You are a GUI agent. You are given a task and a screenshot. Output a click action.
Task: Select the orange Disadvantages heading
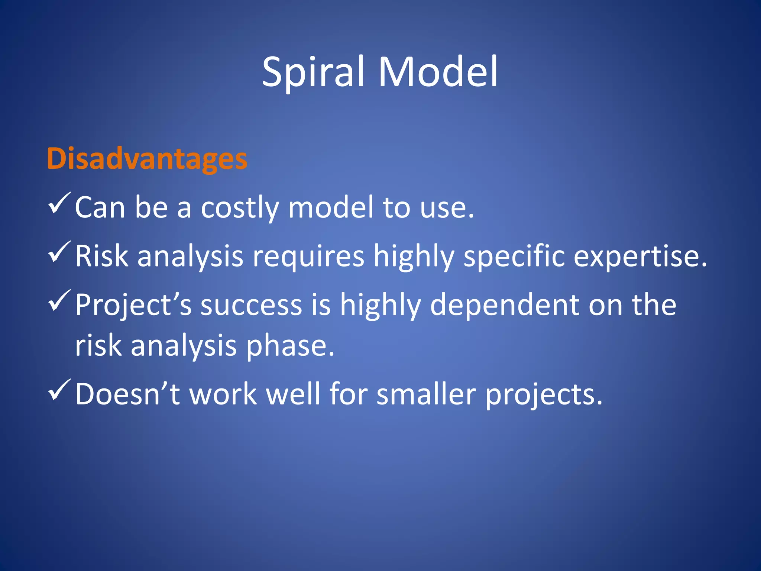click(x=147, y=159)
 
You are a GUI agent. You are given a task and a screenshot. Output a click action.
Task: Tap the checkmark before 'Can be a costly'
click(x=59, y=203)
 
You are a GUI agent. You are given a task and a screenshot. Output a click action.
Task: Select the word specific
click(x=514, y=257)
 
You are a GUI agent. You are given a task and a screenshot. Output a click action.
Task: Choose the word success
click(x=251, y=305)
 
